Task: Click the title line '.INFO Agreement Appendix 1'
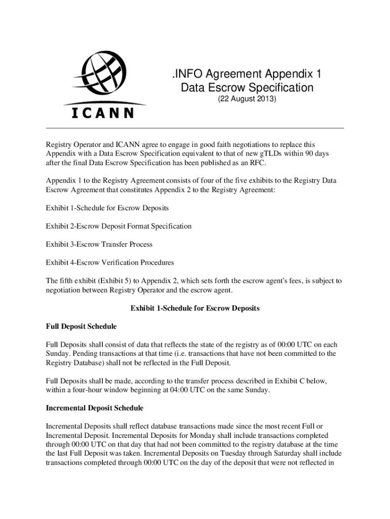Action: pos(247,75)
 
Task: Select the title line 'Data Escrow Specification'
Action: pos(247,88)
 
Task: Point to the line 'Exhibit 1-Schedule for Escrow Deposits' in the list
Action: pos(107,208)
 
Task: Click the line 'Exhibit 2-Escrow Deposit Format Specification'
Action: pos(119,226)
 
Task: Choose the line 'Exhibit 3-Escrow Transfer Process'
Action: pos(99,244)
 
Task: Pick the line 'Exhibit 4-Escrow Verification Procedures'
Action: pos(110,263)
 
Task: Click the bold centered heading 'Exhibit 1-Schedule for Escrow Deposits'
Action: pos(195,308)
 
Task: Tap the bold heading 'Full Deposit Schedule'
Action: pos(81,326)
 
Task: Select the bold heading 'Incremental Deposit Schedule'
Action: pos(95,408)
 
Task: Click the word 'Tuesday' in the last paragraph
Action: pos(237,454)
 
